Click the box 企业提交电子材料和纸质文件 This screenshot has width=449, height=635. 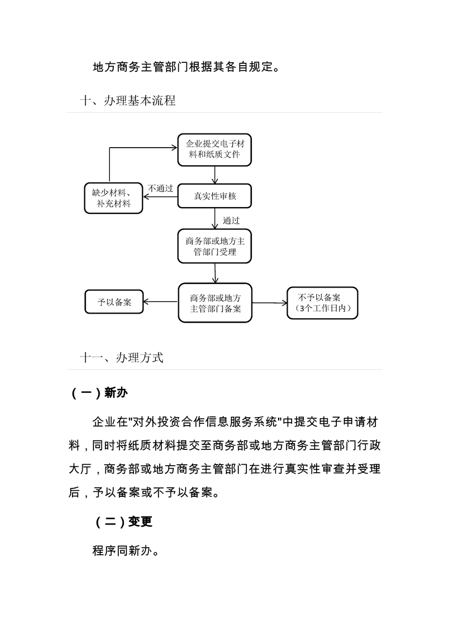coord(214,149)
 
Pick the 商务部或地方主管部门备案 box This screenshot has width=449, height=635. coord(215,303)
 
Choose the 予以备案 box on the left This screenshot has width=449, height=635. coord(114,302)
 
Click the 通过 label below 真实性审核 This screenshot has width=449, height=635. coord(231,221)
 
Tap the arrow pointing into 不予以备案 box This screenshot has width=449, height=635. coord(270,303)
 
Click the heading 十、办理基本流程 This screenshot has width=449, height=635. coord(128,101)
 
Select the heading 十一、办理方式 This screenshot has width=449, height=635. coord(122,358)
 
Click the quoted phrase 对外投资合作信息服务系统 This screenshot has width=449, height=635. coord(204,422)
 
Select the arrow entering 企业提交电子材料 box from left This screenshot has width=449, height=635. coord(142,149)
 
